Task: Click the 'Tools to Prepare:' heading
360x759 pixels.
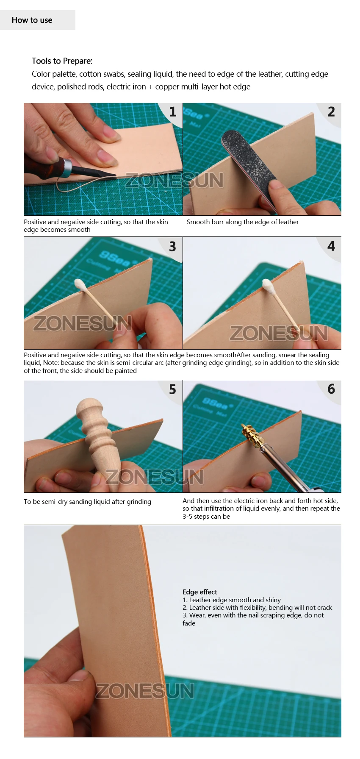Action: click(62, 61)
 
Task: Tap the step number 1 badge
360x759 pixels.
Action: click(172, 112)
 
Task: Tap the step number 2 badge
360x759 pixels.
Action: click(331, 112)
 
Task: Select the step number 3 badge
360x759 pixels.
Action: click(172, 247)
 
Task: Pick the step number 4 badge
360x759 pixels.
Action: click(331, 246)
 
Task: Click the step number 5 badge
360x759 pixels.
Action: click(172, 389)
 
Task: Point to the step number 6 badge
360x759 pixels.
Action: click(331, 389)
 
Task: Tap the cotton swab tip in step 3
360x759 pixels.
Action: click(80, 284)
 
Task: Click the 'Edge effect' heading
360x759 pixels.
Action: click(200, 592)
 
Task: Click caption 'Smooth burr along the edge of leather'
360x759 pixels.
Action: click(243, 222)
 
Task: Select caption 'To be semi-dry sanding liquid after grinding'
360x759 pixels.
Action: click(87, 502)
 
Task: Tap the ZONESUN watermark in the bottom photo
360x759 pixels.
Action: click(145, 691)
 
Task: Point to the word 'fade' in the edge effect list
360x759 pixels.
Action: click(189, 623)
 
